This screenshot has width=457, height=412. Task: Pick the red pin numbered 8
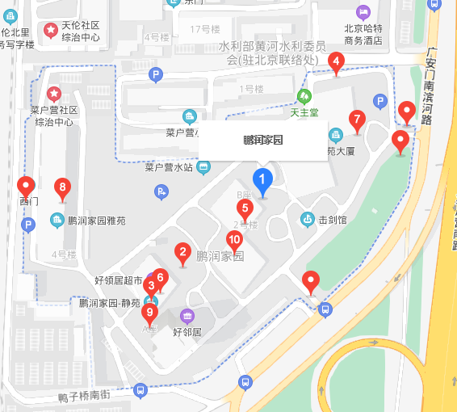[x=63, y=189]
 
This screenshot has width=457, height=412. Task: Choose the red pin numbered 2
[x=183, y=253]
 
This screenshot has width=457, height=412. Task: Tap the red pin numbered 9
[x=149, y=312]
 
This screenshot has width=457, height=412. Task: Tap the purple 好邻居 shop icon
[x=188, y=315]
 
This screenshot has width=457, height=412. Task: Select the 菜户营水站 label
[x=169, y=168]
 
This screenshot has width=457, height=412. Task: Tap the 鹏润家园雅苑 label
[x=99, y=220]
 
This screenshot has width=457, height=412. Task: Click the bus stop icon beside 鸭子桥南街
[x=140, y=389]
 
